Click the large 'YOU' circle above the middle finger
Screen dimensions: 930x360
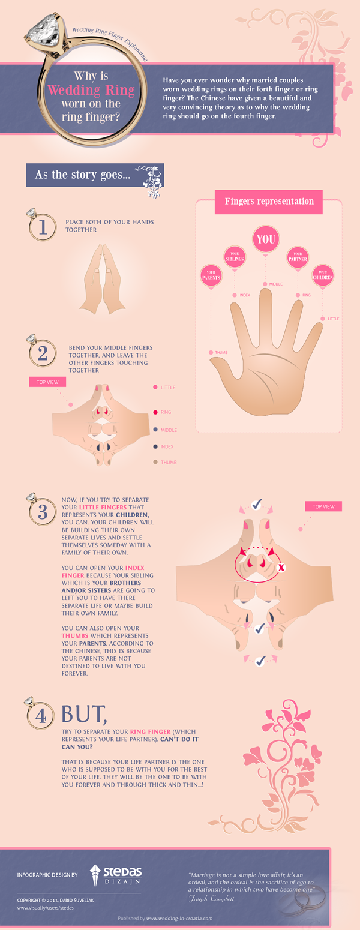coord(266,239)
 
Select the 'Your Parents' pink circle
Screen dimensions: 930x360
coord(211,277)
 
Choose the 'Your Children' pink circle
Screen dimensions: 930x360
coord(322,277)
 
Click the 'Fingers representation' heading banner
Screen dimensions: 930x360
coord(269,202)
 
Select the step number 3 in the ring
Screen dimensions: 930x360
coord(43,512)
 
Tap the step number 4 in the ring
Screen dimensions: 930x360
coord(43,716)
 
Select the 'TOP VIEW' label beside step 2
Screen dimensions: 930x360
coord(47,382)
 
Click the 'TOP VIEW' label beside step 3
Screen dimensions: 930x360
coord(323,506)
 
